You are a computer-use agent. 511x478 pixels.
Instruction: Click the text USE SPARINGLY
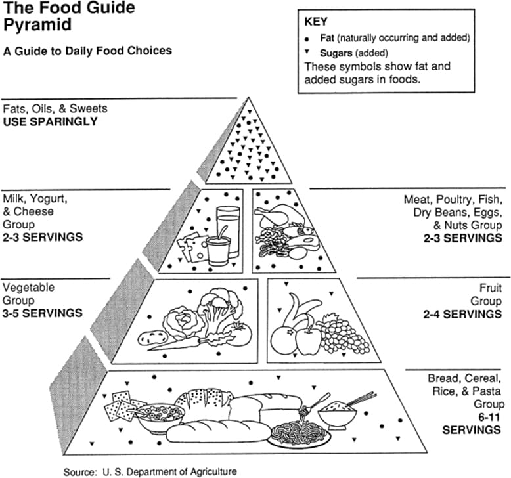(50, 121)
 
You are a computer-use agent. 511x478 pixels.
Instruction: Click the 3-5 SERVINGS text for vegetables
(43, 313)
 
